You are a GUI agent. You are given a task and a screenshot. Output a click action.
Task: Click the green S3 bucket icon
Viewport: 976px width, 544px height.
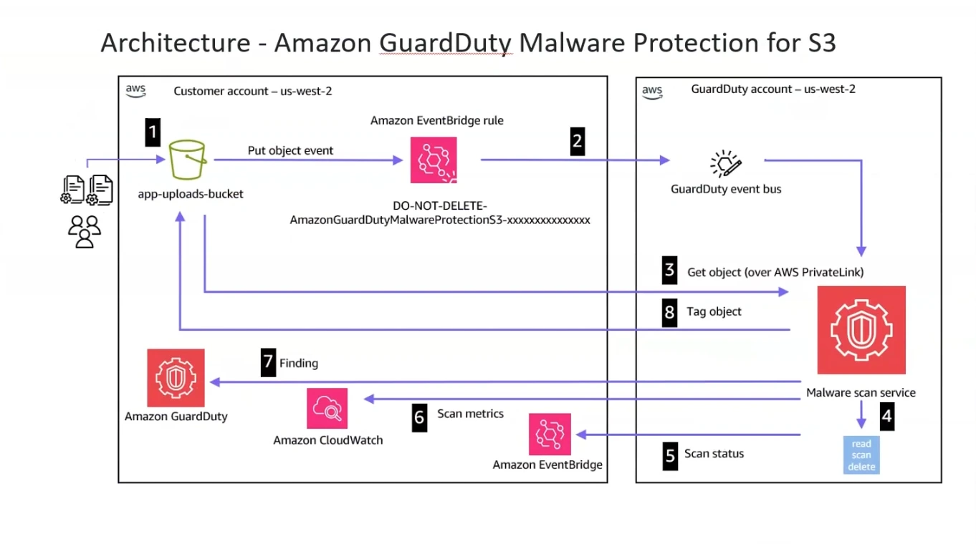pos(187,160)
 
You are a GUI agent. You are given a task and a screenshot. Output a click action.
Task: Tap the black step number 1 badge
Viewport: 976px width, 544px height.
pos(153,132)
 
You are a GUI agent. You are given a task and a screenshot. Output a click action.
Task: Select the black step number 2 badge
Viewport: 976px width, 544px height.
pos(577,141)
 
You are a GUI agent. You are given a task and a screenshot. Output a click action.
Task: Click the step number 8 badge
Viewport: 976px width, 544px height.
pos(669,312)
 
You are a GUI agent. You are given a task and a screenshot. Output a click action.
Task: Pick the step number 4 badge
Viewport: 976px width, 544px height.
pos(887,417)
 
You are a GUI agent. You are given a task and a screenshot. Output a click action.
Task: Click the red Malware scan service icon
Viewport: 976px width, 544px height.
pos(861,330)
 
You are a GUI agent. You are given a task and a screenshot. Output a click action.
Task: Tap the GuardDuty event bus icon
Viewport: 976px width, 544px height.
pos(725,164)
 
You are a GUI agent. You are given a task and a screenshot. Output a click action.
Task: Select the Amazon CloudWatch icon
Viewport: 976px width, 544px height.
pos(327,409)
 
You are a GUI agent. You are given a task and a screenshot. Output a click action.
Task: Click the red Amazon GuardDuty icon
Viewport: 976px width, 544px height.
pos(176,378)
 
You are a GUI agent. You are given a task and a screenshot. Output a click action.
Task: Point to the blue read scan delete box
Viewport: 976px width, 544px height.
pos(861,455)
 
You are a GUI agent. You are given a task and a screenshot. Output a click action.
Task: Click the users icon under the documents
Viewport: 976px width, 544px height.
pos(85,231)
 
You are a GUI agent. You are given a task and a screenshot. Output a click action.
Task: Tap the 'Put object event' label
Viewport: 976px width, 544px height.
pos(290,150)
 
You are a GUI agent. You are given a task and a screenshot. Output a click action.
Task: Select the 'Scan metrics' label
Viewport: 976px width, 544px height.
pos(470,414)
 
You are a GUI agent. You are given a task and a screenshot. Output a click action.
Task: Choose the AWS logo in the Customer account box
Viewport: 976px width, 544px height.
pos(135,91)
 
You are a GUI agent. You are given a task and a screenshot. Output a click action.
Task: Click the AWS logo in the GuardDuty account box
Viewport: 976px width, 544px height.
pos(652,91)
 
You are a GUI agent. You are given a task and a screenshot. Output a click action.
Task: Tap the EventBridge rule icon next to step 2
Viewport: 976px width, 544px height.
pos(434,160)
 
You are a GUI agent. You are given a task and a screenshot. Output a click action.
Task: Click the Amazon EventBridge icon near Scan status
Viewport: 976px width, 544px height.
pos(550,434)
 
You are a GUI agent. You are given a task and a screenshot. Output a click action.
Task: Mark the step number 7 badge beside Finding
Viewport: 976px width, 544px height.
pos(268,363)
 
